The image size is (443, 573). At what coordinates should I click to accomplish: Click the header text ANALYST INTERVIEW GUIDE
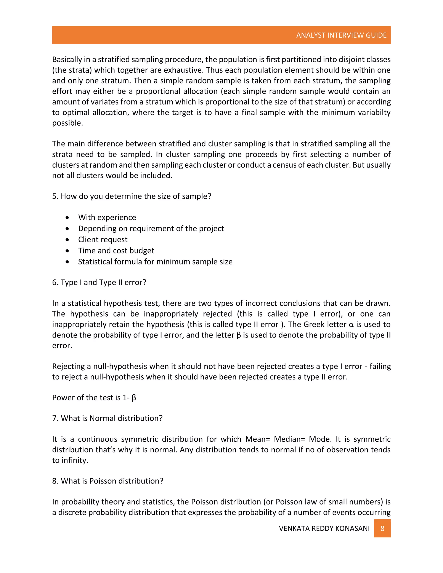pyautogui.click(x=341, y=35)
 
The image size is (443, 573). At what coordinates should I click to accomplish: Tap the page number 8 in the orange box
pyautogui.click(x=382, y=528)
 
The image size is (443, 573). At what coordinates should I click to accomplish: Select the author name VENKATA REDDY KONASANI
pyautogui.click(x=324, y=528)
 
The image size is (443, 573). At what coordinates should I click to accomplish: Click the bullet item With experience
pyautogui.click(x=107, y=217)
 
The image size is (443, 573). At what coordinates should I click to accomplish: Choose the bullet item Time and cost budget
pyautogui.click(x=116, y=251)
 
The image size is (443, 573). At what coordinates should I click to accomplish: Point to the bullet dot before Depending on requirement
pyautogui.click(x=67, y=229)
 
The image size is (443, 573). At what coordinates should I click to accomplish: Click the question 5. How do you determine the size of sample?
pyautogui.click(x=132, y=196)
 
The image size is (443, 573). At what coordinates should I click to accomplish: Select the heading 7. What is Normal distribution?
pyautogui.click(x=107, y=418)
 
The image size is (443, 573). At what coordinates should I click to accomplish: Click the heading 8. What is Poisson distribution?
pyautogui.click(x=108, y=481)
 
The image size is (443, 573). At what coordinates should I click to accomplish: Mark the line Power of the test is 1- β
pyautogui.click(x=94, y=397)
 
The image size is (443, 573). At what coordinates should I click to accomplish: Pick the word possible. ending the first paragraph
pyautogui.click(x=67, y=123)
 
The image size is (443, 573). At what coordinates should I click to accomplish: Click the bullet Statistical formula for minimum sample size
pyautogui.click(x=155, y=262)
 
